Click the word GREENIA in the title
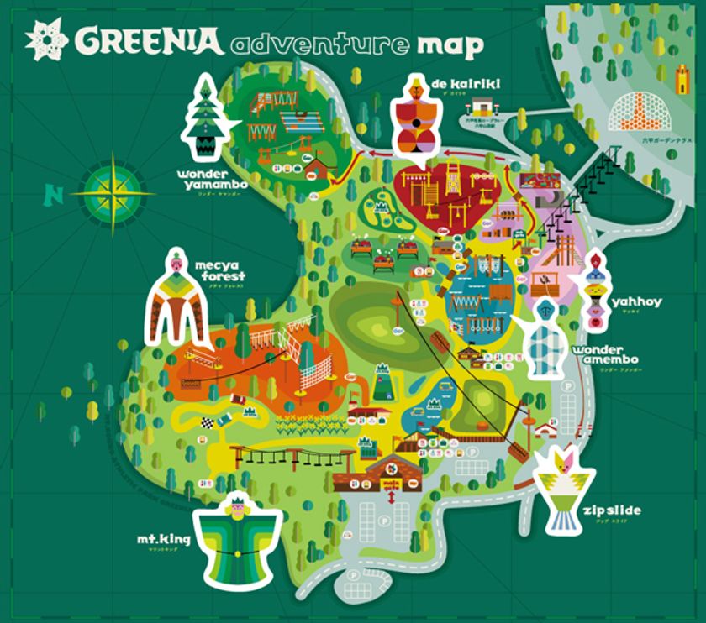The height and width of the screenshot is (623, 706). pos(147,39)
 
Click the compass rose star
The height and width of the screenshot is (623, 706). pos(113,191)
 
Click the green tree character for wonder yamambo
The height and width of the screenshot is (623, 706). pos(203,118)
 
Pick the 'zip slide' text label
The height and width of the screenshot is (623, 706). pos(617,510)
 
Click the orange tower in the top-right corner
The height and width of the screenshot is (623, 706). pos(682,80)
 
